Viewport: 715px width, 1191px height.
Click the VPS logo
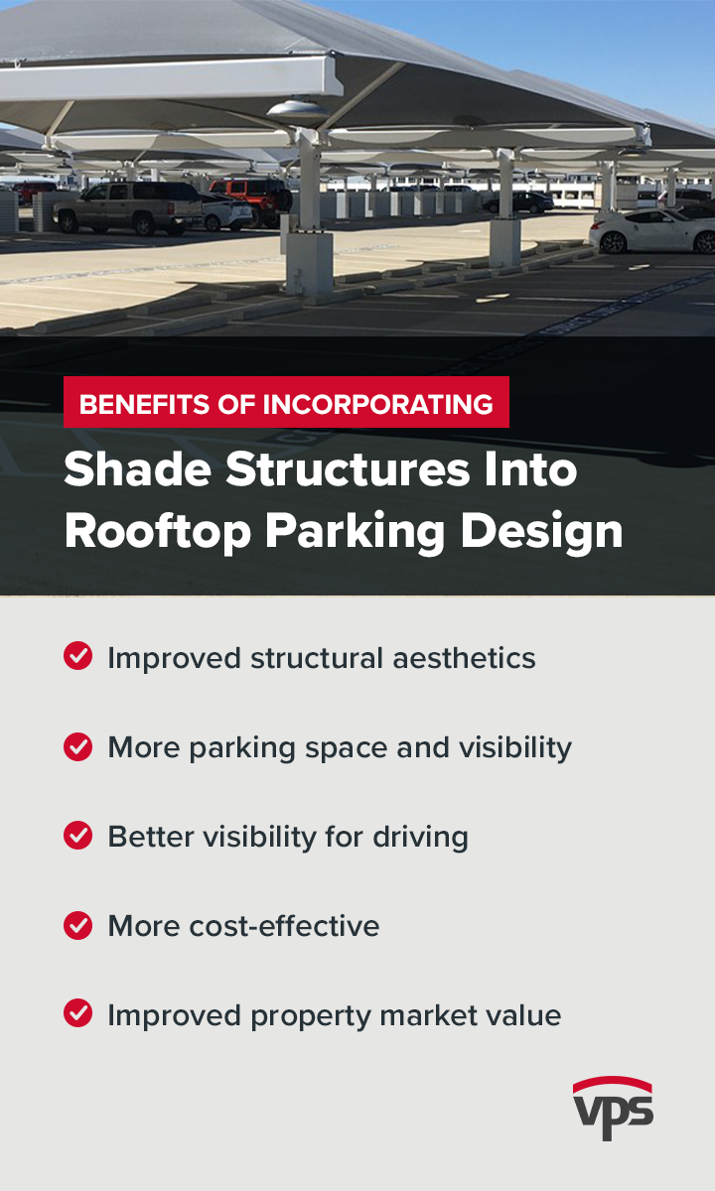pyautogui.click(x=613, y=1108)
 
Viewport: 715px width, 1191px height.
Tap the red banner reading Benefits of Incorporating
pyautogui.click(x=286, y=403)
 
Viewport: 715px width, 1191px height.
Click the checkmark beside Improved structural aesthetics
pyautogui.click(x=77, y=657)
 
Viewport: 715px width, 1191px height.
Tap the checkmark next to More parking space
pyautogui.click(x=77, y=746)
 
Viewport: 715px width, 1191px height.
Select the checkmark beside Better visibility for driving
pyautogui.click(x=77, y=836)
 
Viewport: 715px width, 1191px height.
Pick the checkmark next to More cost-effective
pyautogui.click(x=77, y=925)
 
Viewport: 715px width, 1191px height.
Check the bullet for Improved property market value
pyautogui.click(x=77, y=1014)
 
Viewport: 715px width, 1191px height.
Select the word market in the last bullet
pyautogui.click(x=420, y=1015)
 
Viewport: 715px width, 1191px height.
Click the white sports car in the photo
pyautogui.click(x=650, y=231)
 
